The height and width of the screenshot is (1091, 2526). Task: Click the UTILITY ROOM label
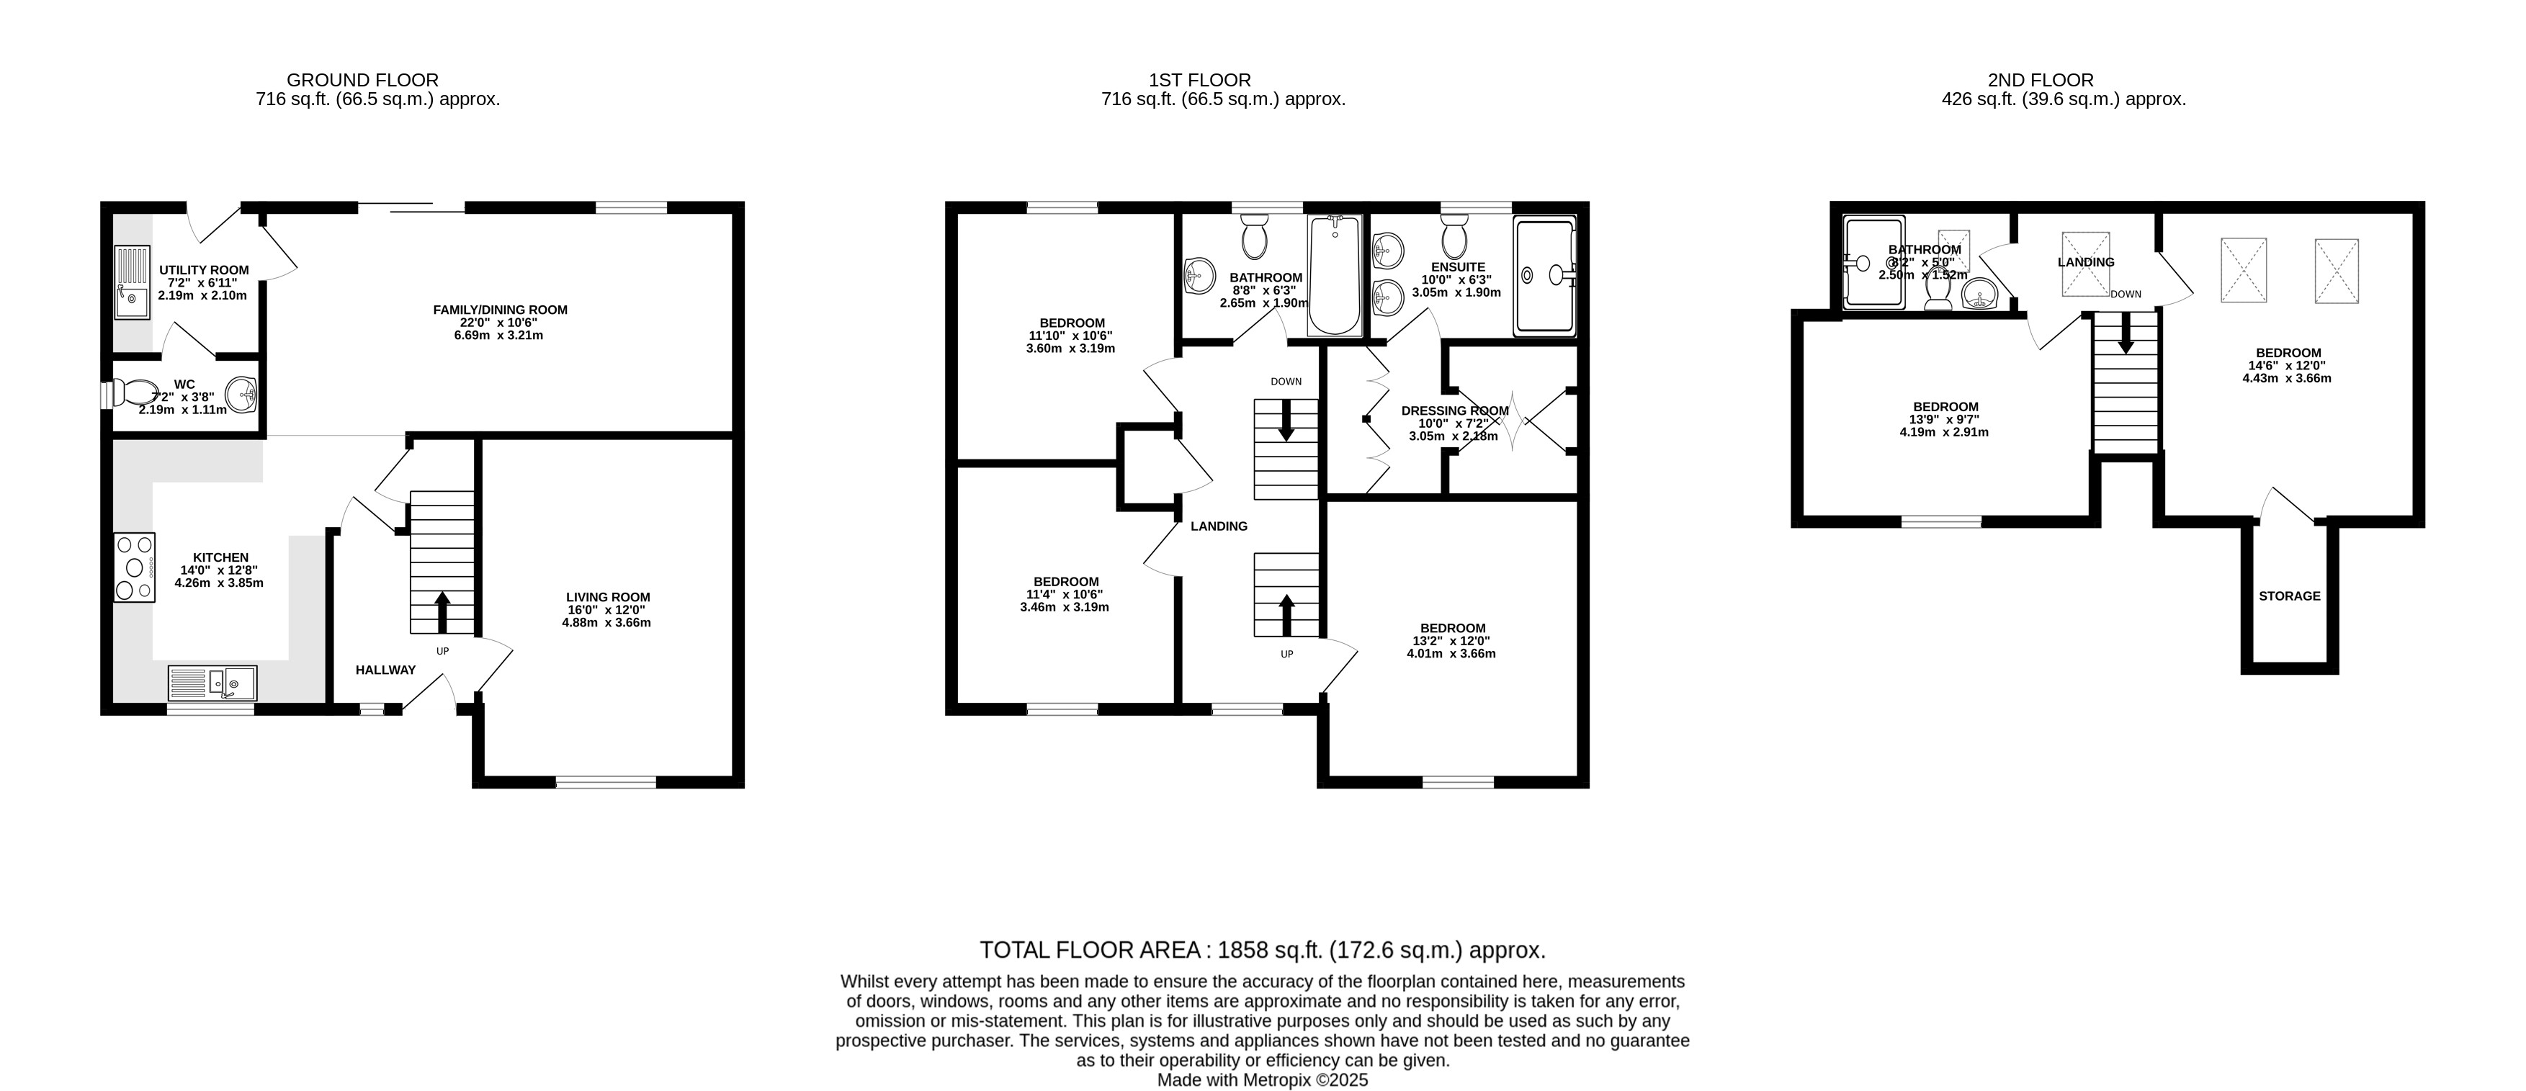pyautogui.click(x=204, y=271)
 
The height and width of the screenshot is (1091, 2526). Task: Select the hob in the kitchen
pyautogui.click(x=135, y=567)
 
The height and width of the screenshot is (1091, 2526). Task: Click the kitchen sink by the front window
pyautogui.click(x=212, y=682)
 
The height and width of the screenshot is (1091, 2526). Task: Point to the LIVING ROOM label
pyautogui.click(x=608, y=597)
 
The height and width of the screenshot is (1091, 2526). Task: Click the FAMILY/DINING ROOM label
pyautogui.click(x=500, y=310)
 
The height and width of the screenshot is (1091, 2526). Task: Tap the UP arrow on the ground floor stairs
pyautogui.click(x=442, y=611)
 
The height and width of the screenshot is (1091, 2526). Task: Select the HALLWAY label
pyautogui.click(x=385, y=670)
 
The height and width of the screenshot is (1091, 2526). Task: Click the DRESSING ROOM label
pyautogui.click(x=1455, y=410)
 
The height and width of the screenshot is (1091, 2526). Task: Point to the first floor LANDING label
pyautogui.click(x=1219, y=526)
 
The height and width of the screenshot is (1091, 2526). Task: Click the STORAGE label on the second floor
pyautogui.click(x=2290, y=596)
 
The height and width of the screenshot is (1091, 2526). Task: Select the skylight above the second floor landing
pyautogui.click(x=2086, y=263)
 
